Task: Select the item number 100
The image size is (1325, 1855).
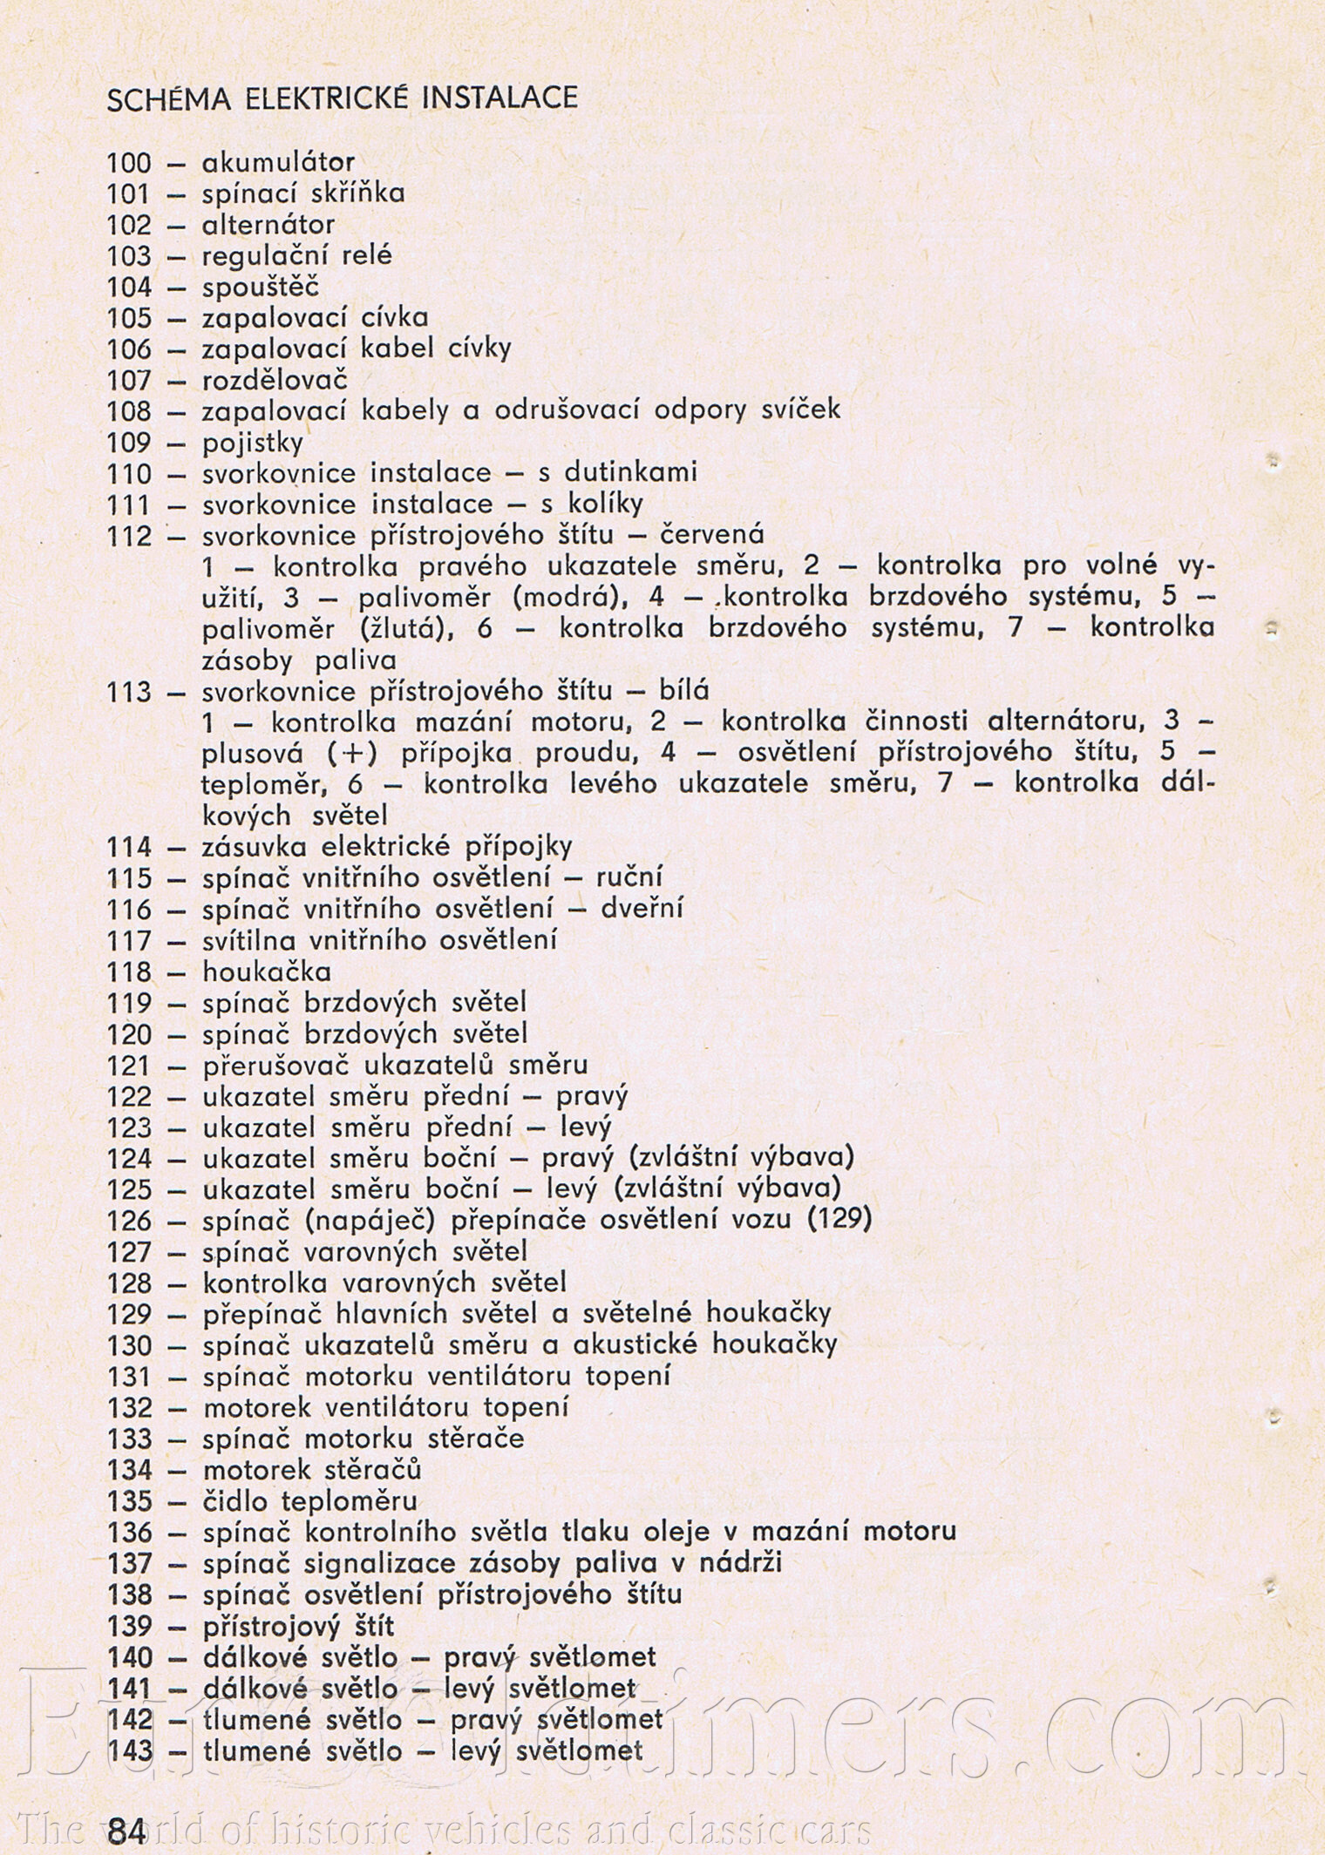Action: click(x=129, y=163)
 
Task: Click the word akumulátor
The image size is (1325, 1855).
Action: click(x=278, y=162)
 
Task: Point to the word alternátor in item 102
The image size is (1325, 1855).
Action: click(x=268, y=225)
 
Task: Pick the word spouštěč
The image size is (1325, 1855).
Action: click(x=261, y=287)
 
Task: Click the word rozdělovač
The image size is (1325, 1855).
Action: click(x=275, y=380)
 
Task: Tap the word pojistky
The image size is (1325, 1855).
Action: click(x=253, y=443)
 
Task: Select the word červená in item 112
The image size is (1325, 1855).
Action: click(x=713, y=535)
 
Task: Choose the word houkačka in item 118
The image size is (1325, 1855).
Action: click(x=266, y=972)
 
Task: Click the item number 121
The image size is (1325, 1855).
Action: click(x=129, y=1065)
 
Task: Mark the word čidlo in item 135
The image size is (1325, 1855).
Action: click(x=234, y=1500)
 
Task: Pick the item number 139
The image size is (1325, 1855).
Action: click(x=129, y=1626)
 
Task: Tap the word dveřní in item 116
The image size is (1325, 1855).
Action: click(x=642, y=909)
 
